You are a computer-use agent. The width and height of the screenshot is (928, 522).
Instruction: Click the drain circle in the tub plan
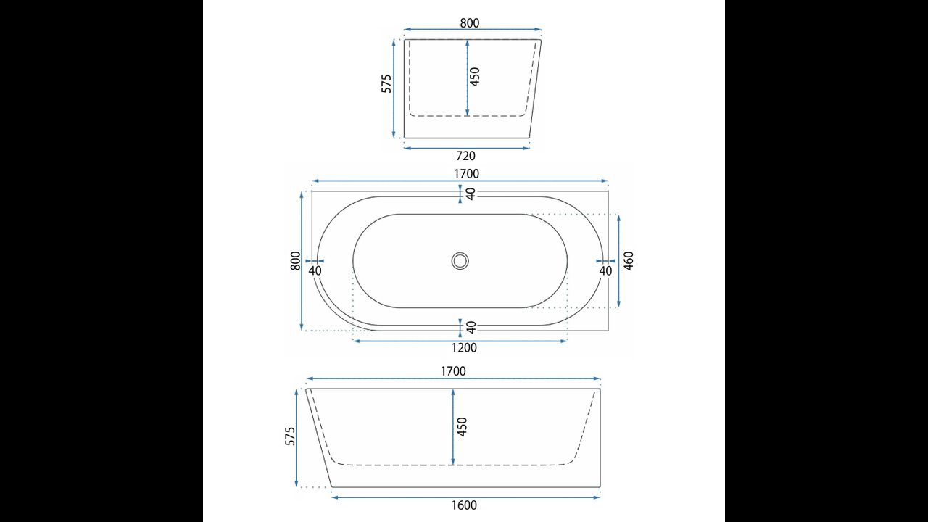(460, 261)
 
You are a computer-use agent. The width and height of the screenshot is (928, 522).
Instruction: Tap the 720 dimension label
(465, 156)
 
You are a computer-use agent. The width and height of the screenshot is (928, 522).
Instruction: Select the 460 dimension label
(629, 261)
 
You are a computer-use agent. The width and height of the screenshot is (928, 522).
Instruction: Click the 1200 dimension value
(464, 347)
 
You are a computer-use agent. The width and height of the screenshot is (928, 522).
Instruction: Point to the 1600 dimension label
(464, 505)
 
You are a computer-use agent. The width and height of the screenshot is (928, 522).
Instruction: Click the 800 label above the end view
(470, 23)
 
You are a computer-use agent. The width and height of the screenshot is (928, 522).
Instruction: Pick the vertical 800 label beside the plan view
(295, 261)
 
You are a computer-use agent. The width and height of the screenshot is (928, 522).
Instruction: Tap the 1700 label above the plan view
(466, 173)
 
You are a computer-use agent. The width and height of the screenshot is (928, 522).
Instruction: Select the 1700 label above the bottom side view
(453, 371)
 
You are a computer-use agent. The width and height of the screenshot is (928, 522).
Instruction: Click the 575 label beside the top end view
(386, 83)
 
